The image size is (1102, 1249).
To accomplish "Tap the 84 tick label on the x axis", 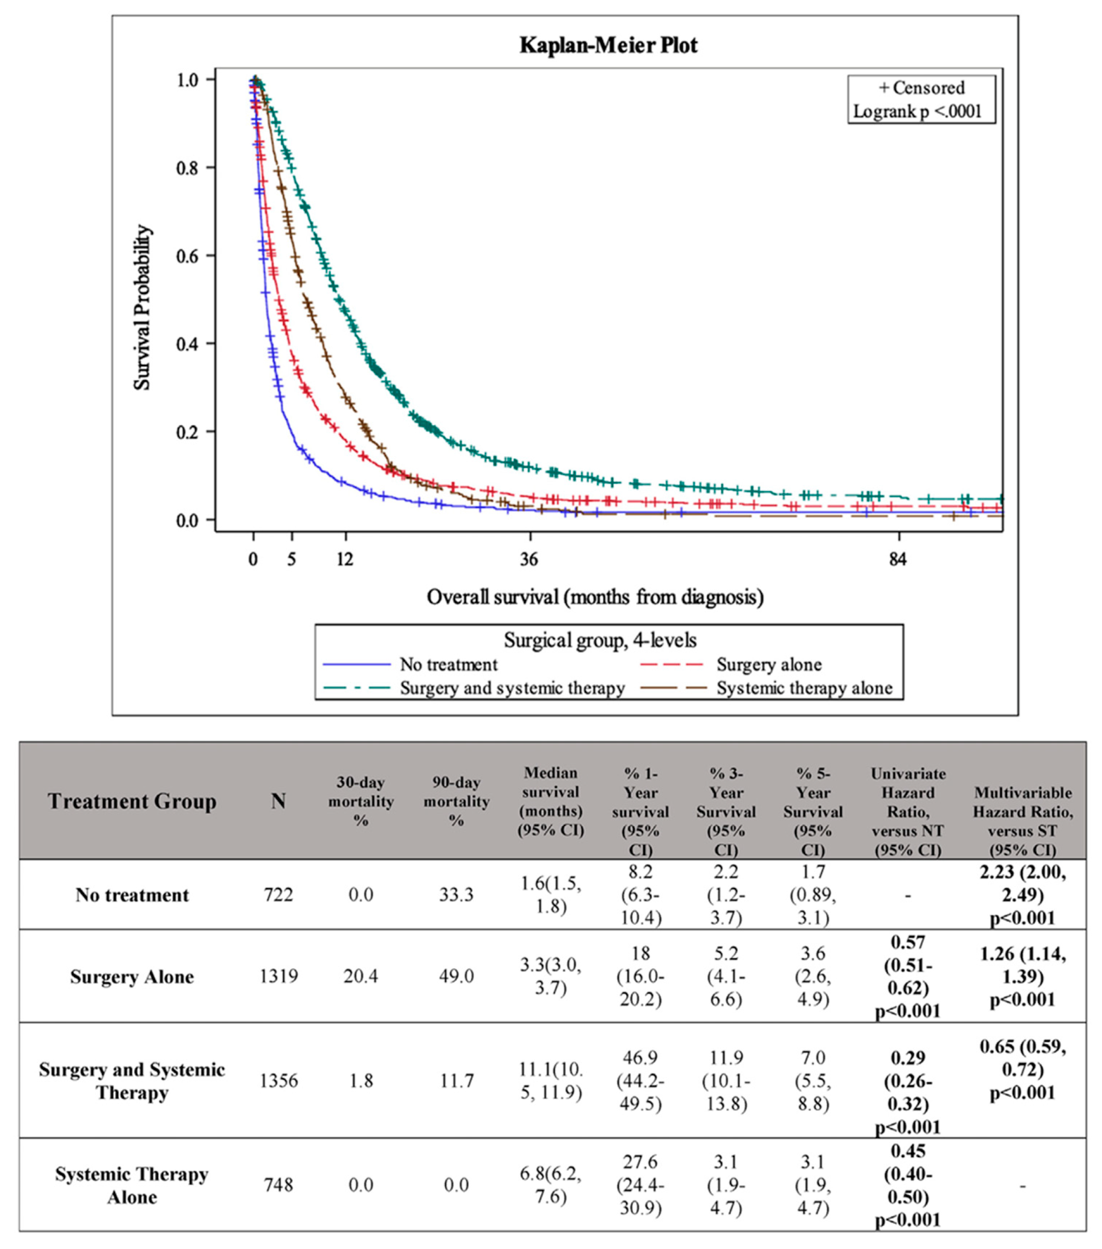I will coord(898,559).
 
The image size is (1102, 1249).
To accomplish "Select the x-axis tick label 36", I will coord(529,559).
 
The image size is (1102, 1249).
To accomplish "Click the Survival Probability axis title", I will coord(143,307).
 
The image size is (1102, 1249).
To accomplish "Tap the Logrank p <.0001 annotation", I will coord(917,111).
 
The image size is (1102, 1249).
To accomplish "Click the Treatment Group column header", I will coord(132,801).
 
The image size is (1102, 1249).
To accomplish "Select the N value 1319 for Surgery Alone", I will coord(279,976).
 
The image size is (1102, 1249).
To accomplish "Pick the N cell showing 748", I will coord(279,1185).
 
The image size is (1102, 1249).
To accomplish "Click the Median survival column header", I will coord(550,801).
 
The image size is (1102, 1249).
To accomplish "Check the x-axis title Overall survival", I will coord(594,597).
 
